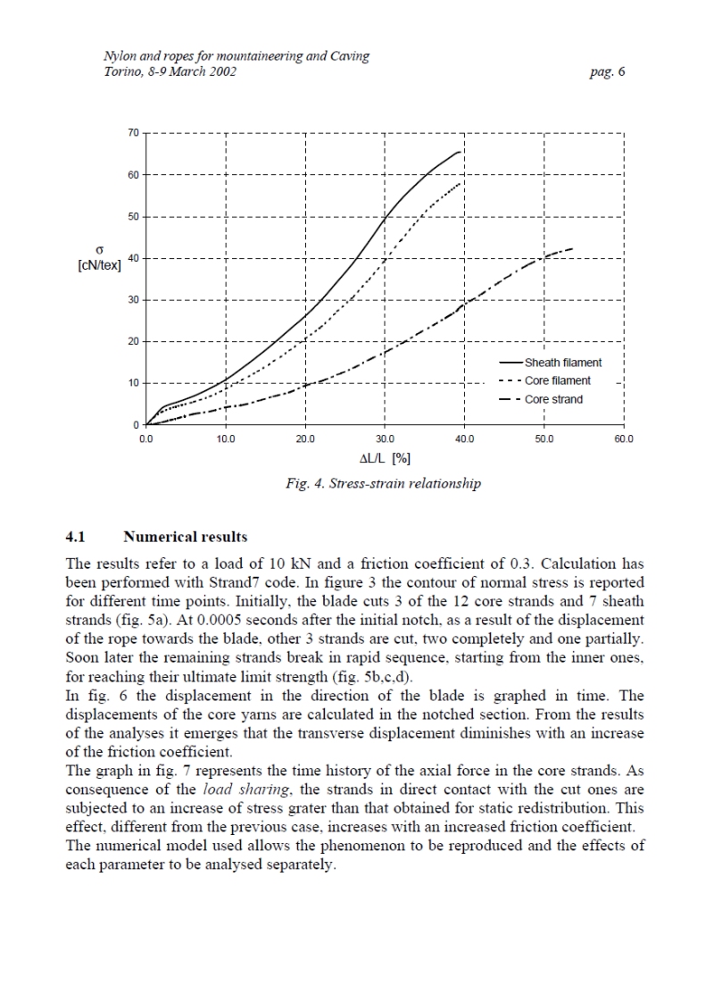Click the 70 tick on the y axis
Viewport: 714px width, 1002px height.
pyautogui.click(x=133, y=133)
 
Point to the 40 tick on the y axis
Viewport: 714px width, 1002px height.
pyautogui.click(x=133, y=258)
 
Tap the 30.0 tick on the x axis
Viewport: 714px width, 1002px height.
pyautogui.click(x=385, y=440)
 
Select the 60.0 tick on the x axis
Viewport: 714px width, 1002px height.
pyautogui.click(x=623, y=440)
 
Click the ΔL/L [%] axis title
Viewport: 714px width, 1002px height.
pyautogui.click(x=385, y=459)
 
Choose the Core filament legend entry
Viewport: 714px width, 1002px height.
pyautogui.click(x=557, y=380)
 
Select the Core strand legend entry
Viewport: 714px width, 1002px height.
pyautogui.click(x=553, y=399)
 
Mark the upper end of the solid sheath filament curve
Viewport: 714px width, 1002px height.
pyautogui.click(x=461, y=152)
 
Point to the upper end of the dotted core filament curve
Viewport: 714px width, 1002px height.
pyautogui.click(x=461, y=183)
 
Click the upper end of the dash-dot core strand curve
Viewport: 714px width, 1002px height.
pyautogui.click(x=572, y=248)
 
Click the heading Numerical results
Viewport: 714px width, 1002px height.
pyautogui.click(x=185, y=538)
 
